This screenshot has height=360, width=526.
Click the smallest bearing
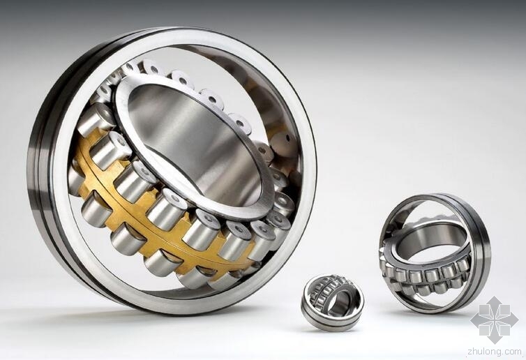[333, 302]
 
